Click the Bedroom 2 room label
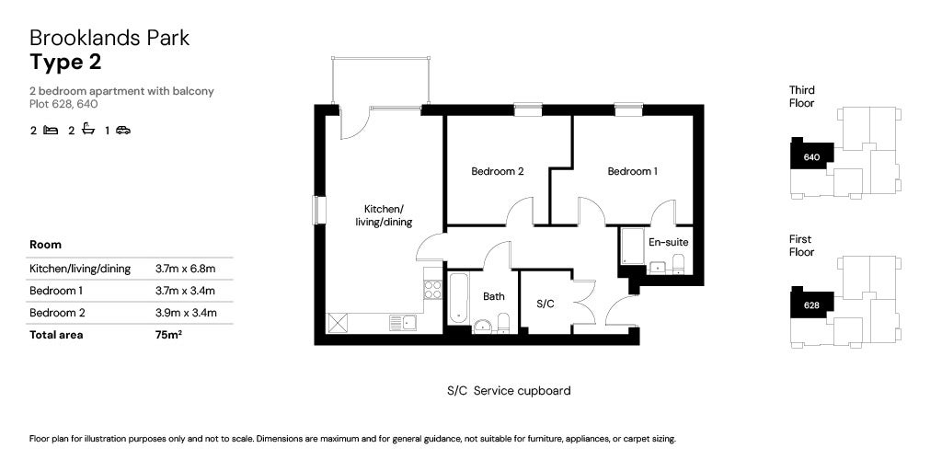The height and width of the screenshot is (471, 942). coord(497,171)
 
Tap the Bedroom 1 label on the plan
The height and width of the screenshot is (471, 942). coord(632,171)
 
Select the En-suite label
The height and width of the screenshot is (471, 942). coord(668,243)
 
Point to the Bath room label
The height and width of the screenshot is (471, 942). coord(494,296)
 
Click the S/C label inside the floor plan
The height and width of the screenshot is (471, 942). coord(544,303)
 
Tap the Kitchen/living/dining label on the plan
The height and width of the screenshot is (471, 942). coord(384,215)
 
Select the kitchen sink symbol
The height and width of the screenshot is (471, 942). coord(402,322)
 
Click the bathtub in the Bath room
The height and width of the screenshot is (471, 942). coord(459,296)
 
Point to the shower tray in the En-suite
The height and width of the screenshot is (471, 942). coord(631,246)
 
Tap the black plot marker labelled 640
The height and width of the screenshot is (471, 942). coord(811,156)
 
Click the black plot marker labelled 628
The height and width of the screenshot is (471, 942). coord(811,305)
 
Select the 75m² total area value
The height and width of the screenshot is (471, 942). coord(168,335)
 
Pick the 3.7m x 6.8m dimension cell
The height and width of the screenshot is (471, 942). coord(186,269)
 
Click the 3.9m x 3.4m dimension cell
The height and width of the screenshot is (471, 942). coord(186,313)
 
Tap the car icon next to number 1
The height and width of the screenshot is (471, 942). coord(123,131)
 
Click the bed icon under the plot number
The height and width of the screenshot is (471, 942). coord(51,131)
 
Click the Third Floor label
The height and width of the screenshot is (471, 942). coord(801,97)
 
